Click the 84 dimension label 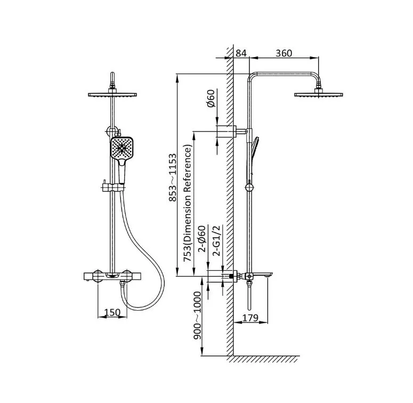click(x=241, y=53)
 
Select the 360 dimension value click(x=284, y=53)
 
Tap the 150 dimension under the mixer click(x=112, y=312)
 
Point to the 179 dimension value click(x=250, y=318)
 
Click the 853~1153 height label click(x=173, y=178)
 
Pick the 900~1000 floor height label click(x=197, y=315)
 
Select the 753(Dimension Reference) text click(x=187, y=203)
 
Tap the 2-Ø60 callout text click(x=202, y=239)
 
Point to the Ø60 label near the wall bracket click(x=211, y=98)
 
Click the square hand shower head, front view click(x=122, y=148)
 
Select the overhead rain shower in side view click(x=319, y=94)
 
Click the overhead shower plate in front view click(x=112, y=94)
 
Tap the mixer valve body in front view click(x=112, y=276)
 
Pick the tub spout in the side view click(x=263, y=275)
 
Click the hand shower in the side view click(x=254, y=156)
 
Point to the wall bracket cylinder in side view click(x=225, y=131)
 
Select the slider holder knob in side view click(x=249, y=187)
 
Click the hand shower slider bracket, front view click(x=114, y=188)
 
